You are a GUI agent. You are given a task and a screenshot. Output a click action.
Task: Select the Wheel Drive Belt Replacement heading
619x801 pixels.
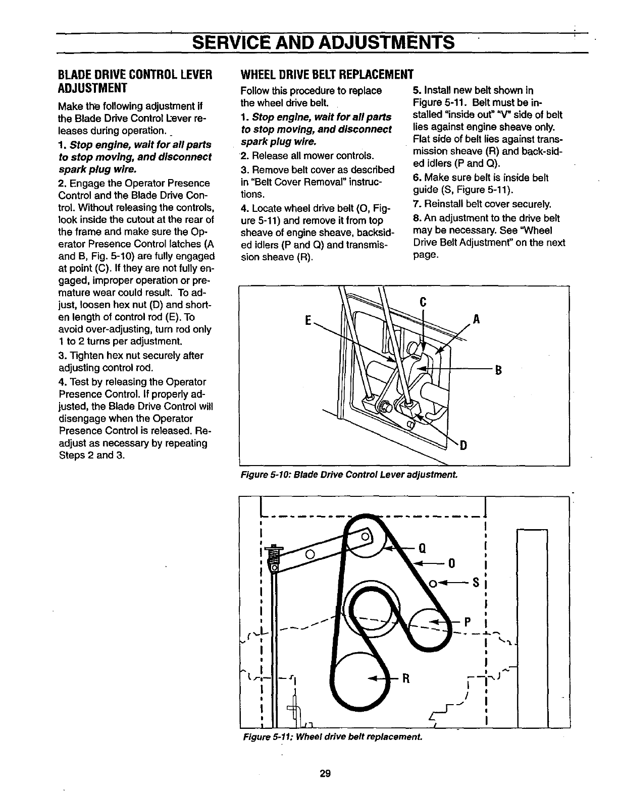[327, 74]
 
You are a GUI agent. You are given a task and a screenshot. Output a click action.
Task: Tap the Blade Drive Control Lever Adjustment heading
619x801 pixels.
[134, 81]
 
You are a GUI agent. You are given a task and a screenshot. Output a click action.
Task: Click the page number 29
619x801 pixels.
[325, 773]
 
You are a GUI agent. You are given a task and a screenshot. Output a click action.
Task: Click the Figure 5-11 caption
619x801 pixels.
[332, 736]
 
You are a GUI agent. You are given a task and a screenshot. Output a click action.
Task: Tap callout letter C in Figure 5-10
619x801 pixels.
[423, 302]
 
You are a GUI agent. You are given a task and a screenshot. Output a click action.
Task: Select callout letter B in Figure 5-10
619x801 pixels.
[498, 371]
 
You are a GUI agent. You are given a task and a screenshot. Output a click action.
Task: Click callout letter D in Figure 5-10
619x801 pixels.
[463, 445]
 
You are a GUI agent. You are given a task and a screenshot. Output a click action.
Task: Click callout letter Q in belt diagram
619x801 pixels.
[423, 548]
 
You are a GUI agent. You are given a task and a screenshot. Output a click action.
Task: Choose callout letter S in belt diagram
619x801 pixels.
[476, 584]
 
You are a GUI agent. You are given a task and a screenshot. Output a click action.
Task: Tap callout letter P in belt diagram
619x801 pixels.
[468, 622]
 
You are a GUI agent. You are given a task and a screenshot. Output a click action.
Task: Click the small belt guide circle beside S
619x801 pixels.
[432, 584]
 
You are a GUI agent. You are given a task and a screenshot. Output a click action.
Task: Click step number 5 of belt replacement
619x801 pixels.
[416, 91]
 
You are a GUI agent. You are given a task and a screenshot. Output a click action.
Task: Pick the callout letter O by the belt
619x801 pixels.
[452, 563]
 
